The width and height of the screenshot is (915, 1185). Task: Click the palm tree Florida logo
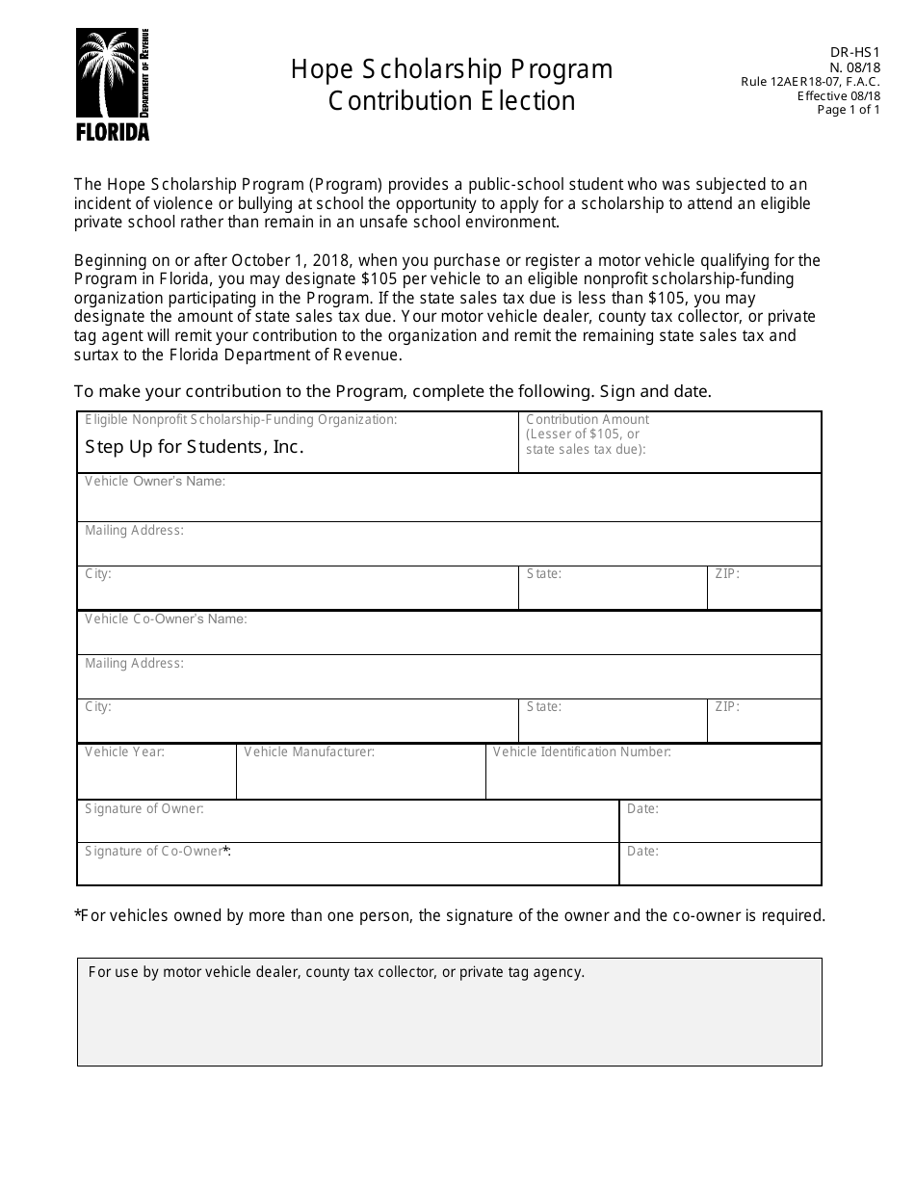[x=113, y=85]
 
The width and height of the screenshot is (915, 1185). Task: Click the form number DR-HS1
[x=859, y=54]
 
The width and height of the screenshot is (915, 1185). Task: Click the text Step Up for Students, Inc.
[x=195, y=446]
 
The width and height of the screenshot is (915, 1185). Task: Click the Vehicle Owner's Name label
[x=155, y=481]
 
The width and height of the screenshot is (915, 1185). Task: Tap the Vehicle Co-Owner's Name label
[x=166, y=619]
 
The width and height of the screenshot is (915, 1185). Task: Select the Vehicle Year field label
[x=124, y=751]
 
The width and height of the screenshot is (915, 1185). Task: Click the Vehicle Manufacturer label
[x=309, y=751]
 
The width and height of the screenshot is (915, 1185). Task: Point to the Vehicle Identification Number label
[x=582, y=751]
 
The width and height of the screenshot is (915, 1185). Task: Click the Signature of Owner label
[x=144, y=808]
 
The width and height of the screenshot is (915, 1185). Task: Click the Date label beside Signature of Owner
[x=642, y=808]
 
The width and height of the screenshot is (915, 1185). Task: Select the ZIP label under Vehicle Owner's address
[x=727, y=573]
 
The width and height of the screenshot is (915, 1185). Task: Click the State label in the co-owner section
[x=544, y=706]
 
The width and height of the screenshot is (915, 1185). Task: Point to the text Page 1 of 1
[x=849, y=110]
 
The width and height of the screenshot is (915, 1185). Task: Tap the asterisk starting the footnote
[x=77, y=915]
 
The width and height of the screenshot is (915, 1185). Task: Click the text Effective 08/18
[x=839, y=95]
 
